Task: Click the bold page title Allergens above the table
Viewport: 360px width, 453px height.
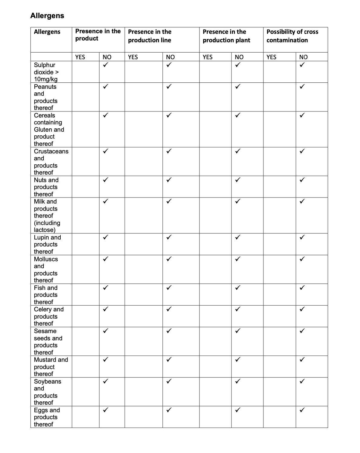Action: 47,16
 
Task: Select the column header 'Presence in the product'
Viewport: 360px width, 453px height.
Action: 98,35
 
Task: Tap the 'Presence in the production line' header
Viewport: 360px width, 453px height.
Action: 149,36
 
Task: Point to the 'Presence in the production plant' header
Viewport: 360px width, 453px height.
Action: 226,36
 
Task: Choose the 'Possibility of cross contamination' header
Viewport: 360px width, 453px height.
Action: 292,36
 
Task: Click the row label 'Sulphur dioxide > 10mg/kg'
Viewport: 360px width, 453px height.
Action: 46,72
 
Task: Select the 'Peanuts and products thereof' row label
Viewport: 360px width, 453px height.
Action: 46,97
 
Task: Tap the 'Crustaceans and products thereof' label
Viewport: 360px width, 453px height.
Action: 51,162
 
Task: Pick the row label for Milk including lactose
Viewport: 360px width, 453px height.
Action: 47,216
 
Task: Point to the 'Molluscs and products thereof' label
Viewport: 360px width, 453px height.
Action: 46,270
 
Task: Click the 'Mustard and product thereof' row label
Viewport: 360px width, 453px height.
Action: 51,367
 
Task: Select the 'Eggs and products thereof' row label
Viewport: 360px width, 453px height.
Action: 47,417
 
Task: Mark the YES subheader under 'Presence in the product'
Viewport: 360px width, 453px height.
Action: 80,57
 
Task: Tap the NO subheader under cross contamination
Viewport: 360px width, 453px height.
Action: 303,57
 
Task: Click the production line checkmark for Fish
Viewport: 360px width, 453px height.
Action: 169,288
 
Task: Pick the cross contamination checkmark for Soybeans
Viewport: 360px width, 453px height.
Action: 302,381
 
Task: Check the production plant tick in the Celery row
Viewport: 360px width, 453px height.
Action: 238,309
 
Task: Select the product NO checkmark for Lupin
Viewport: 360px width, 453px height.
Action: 105,237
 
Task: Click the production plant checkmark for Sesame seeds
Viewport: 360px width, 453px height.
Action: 238,331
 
